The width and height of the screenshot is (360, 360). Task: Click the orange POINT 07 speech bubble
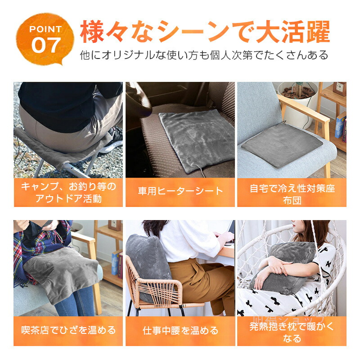coord(45,39)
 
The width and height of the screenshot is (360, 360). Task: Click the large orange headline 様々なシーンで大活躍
coord(205,31)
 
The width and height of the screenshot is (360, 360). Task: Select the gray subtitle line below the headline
coord(204,55)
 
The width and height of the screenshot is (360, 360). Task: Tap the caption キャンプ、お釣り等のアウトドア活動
coord(68,193)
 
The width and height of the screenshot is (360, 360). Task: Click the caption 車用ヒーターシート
coord(180,191)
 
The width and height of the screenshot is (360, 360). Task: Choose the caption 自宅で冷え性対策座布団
coord(292,194)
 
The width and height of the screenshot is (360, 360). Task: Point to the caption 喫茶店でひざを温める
coord(68,330)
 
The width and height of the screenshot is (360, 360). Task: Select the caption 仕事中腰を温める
coord(180,331)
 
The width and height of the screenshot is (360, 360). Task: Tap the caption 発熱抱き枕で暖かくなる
coord(292,332)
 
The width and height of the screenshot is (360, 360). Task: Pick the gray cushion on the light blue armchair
coord(282,144)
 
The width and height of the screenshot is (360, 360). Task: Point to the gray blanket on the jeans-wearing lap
coord(62,273)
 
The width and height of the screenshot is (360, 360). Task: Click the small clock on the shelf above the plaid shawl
coord(115,225)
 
